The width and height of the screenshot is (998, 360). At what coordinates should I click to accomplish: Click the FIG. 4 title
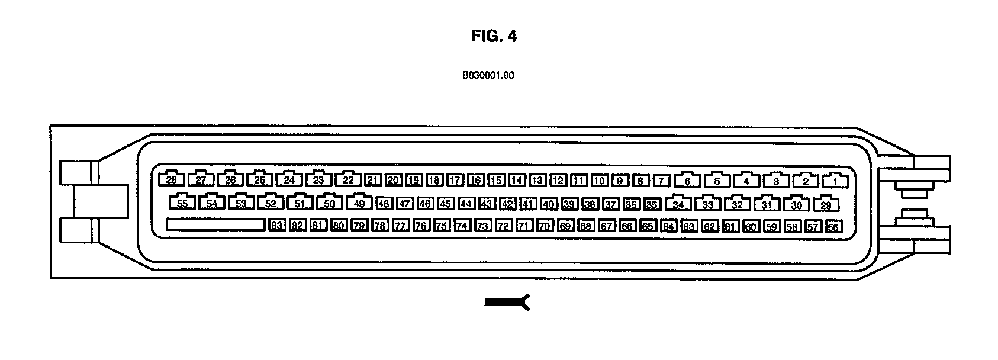pyautogui.click(x=494, y=36)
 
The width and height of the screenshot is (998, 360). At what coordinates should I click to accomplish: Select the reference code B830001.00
pyautogui.click(x=488, y=76)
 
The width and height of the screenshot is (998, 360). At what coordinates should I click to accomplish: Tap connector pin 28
pyautogui.click(x=171, y=180)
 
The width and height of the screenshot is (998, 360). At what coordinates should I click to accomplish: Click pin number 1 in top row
pyautogui.click(x=835, y=181)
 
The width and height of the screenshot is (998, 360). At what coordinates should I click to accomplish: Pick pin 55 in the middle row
pyautogui.click(x=182, y=204)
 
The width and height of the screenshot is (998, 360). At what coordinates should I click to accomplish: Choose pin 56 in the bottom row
pyautogui.click(x=833, y=226)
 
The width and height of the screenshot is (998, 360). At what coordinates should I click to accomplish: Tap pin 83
pyautogui.click(x=277, y=226)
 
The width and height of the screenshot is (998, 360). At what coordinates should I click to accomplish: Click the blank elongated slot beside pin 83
pyautogui.click(x=215, y=225)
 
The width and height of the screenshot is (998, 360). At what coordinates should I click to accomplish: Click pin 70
pyautogui.click(x=545, y=226)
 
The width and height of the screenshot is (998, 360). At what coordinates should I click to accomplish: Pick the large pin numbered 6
pyautogui.click(x=687, y=181)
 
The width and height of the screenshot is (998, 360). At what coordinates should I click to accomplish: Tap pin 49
pyautogui.click(x=359, y=204)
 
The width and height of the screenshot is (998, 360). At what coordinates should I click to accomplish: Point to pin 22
pyautogui.click(x=348, y=180)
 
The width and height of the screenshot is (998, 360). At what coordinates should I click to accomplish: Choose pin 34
pyautogui.click(x=678, y=205)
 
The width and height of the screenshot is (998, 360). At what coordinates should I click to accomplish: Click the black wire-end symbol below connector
pyautogui.click(x=507, y=303)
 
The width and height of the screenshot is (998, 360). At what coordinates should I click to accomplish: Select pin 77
pyautogui.click(x=401, y=226)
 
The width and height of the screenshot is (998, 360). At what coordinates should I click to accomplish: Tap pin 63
pyautogui.click(x=688, y=226)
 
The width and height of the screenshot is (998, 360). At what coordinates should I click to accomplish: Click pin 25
pyautogui.click(x=259, y=180)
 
